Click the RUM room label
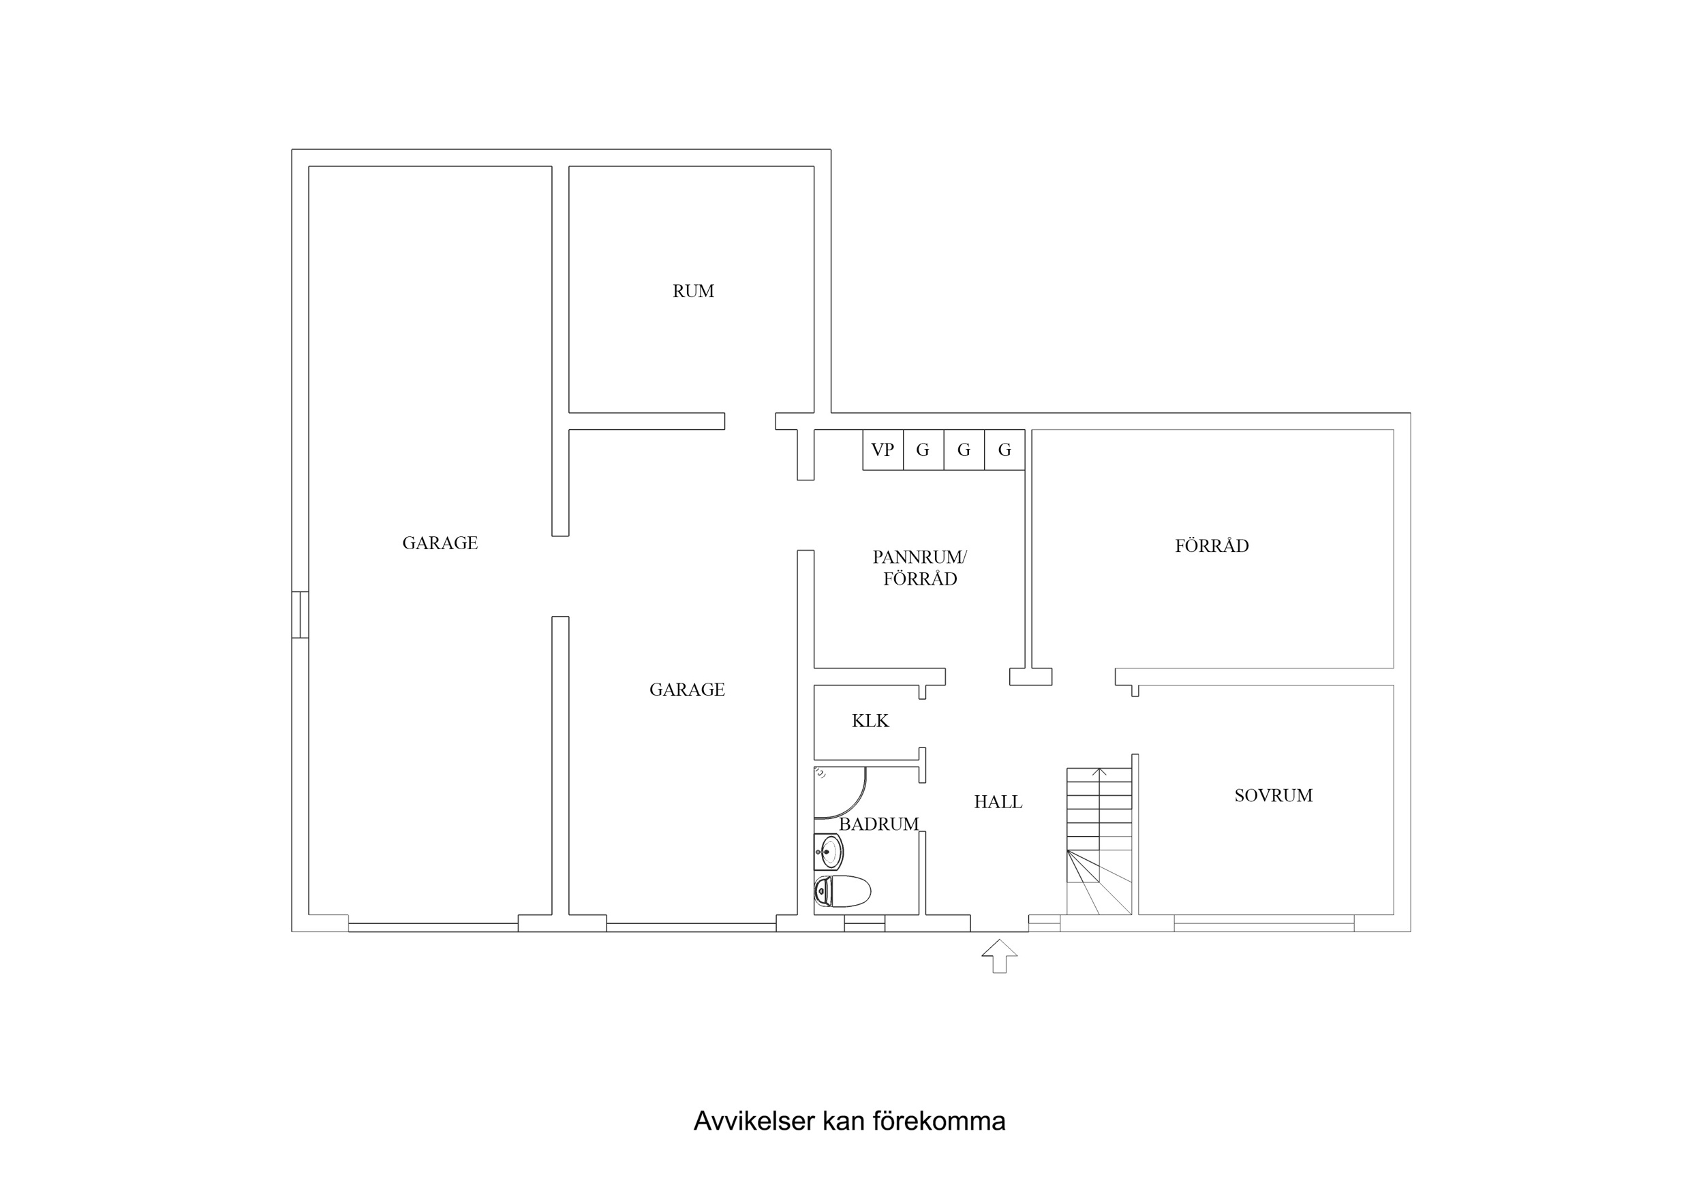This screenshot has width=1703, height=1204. (x=693, y=292)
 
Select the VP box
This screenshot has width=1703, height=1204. (x=882, y=450)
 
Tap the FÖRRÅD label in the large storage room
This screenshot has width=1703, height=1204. (x=1211, y=546)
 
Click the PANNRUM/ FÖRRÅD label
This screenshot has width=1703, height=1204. (x=919, y=568)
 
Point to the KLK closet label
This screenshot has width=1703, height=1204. (x=870, y=720)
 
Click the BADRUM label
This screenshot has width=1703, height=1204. (x=878, y=824)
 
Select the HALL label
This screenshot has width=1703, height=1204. (x=998, y=802)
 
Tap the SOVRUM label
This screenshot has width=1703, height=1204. (x=1273, y=796)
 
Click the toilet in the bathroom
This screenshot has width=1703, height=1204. (x=842, y=891)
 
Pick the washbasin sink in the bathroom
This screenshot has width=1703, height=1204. (x=830, y=852)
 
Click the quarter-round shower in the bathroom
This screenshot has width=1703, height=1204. (x=837, y=792)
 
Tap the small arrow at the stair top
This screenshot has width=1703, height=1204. (x=1099, y=773)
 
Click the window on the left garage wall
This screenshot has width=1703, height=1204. (x=300, y=614)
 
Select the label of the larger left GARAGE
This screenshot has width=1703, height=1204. (x=440, y=543)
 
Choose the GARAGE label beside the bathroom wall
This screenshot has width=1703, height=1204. (x=687, y=690)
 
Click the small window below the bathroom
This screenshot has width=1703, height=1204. (x=864, y=923)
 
